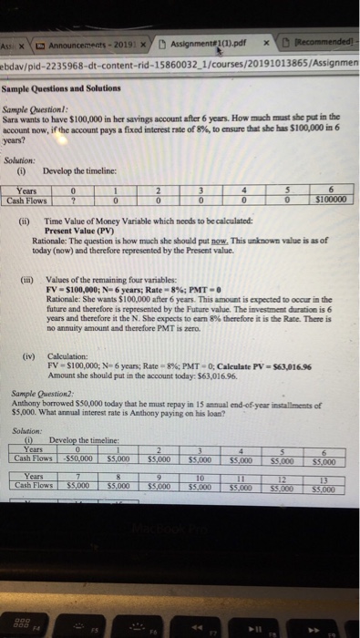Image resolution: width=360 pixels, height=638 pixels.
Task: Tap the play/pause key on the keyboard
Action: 259,602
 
